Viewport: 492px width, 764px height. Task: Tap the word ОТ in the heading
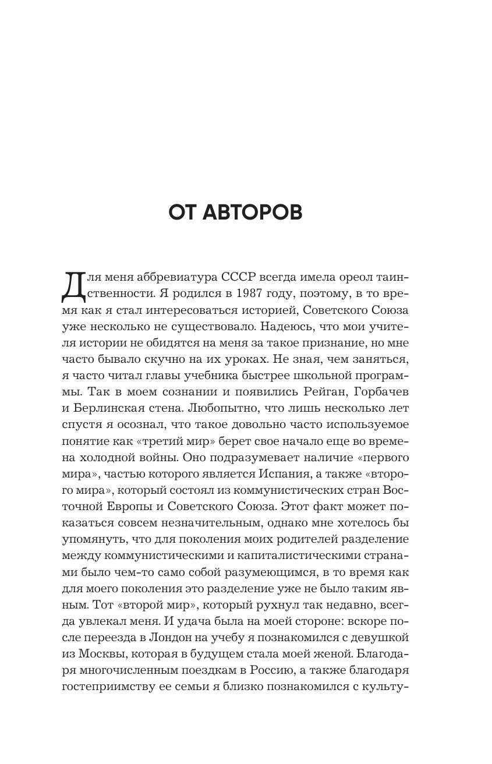coord(183,213)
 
